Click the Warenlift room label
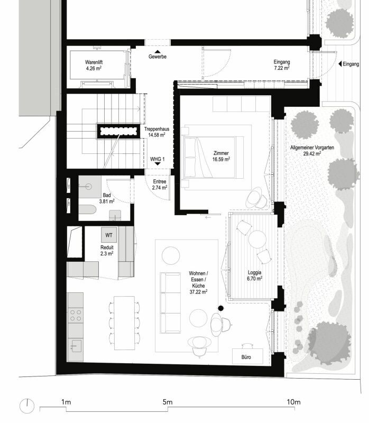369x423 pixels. [94, 62]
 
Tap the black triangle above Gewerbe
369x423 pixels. [158, 52]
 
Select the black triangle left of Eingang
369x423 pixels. [340, 64]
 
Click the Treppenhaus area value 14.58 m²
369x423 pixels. [156, 135]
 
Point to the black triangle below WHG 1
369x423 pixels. [158, 164]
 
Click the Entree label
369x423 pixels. [160, 181]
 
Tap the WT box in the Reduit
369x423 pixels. [109, 235]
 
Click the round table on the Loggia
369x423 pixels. [257, 239]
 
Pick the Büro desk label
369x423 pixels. [246, 357]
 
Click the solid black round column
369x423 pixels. [221, 308]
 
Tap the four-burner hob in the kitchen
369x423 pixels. [76, 316]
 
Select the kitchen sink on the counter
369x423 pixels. [76, 346]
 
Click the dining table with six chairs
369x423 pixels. [124, 323]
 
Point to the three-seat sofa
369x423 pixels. [170, 302]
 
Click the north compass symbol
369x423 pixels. [27, 406]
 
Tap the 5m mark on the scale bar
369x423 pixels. [168, 409]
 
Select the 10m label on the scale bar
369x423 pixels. [293, 402]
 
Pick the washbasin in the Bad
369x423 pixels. [88, 187]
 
